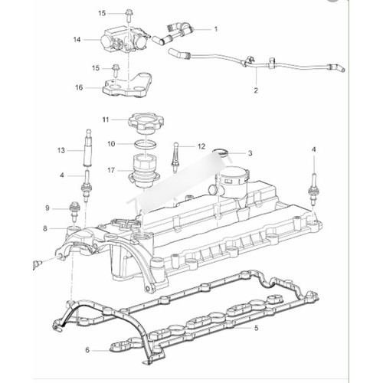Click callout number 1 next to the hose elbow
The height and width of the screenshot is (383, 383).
coord(216,29)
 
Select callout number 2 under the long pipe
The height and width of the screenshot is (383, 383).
coord(256,90)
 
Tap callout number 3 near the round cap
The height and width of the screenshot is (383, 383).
coord(250,153)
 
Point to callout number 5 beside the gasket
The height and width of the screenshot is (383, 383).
coord(257,328)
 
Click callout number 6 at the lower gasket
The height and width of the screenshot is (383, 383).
coord(87,350)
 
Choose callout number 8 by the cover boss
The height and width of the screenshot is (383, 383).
coord(45,228)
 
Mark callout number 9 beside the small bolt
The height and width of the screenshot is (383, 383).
coord(47,208)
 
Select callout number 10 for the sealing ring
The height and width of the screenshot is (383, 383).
coord(111,144)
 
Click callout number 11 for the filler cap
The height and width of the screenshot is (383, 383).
coord(106,119)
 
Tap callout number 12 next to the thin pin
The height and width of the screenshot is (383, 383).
coord(201,146)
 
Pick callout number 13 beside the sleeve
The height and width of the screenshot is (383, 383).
coord(61,150)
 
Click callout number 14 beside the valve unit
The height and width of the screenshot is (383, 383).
coord(77,40)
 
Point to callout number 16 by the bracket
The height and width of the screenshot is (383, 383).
coord(79,87)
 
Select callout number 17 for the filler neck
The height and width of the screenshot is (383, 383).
coord(111,170)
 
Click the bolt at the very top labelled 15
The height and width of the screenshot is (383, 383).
coord(129,16)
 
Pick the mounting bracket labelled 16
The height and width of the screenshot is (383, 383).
coord(127,87)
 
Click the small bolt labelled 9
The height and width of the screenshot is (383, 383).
coord(74,211)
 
